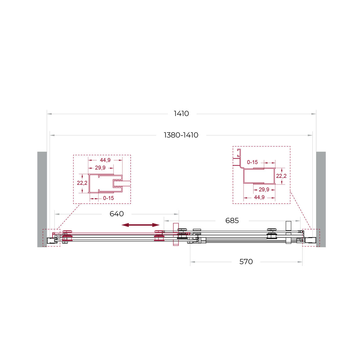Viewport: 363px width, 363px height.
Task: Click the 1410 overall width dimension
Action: coord(181,114)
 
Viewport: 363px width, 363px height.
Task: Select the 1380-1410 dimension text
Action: coord(181,135)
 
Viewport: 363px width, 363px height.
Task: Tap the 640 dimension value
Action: coord(116,214)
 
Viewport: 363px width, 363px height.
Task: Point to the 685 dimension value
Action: coord(232,221)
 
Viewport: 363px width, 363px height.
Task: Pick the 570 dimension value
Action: coord(246,262)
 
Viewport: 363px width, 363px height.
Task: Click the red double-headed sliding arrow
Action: coord(141,225)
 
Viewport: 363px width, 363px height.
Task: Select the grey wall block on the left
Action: coord(42,199)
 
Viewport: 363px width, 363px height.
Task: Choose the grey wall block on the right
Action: coord(321,199)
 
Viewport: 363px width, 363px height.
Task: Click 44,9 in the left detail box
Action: coord(105,160)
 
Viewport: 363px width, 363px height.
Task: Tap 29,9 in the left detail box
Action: coord(100,168)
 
